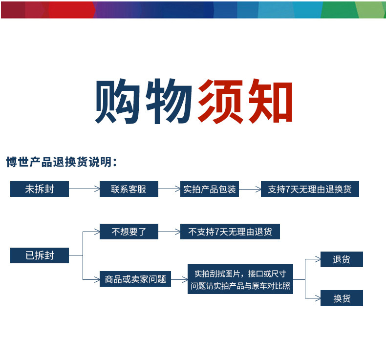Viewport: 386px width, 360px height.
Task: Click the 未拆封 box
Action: pyautogui.click(x=40, y=189)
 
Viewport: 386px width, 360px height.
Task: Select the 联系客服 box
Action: pyautogui.click(x=129, y=189)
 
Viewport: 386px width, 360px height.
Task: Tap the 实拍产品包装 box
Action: pyautogui.click(x=209, y=189)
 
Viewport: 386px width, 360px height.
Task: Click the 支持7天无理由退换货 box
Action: pyautogui.click(x=310, y=189)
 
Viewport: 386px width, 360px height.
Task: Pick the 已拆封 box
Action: pyautogui.click(x=40, y=255)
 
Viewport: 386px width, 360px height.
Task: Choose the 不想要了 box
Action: pyautogui.click(x=129, y=232)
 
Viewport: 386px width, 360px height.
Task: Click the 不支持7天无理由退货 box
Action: pyautogui.click(x=230, y=232)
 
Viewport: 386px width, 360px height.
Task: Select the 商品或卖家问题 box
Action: pyautogui.click(x=135, y=279)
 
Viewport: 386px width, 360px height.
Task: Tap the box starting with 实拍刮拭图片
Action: pyautogui.click(x=240, y=279)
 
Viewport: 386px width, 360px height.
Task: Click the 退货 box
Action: pyautogui.click(x=342, y=259)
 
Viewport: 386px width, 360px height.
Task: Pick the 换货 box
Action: pyautogui.click(x=342, y=298)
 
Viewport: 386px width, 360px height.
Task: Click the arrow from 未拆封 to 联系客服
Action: pyautogui.click(x=84, y=189)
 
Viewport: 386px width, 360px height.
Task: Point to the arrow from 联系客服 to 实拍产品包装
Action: pyautogui.click(x=169, y=189)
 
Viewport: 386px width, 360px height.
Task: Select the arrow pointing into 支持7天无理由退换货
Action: pyautogui.click(x=250, y=189)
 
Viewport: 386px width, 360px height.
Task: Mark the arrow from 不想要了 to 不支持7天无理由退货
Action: pyautogui.click(x=169, y=232)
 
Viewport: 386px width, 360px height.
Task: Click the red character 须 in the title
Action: pyautogui.click(x=220, y=102)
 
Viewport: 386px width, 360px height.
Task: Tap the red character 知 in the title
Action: pyautogui.click(x=269, y=102)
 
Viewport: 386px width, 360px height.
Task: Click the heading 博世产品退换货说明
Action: pyautogui.click(x=61, y=162)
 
